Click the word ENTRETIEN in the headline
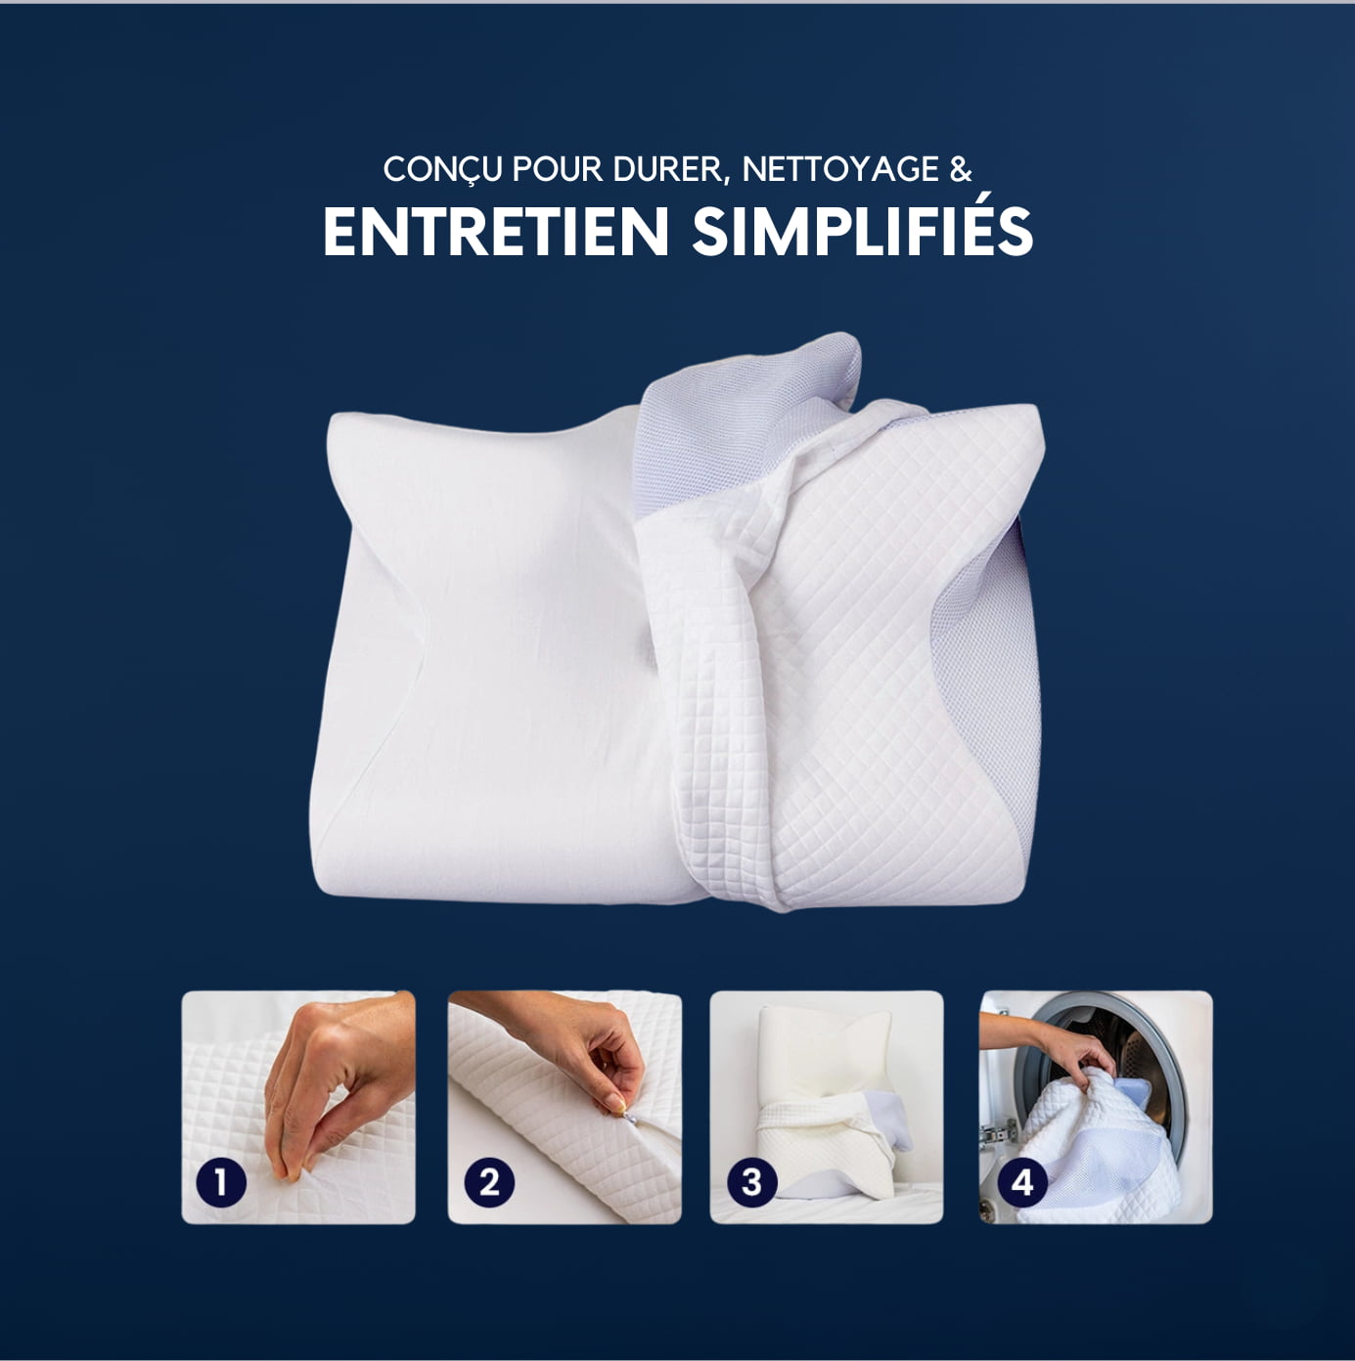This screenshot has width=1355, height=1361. [495, 232]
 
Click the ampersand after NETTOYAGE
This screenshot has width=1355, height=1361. [961, 169]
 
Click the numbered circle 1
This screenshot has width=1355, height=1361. [221, 1182]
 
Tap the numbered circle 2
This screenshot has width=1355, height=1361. [488, 1182]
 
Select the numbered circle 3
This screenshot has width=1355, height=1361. [751, 1182]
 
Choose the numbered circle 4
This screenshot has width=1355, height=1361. [1021, 1182]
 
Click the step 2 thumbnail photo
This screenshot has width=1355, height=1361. [565, 1107]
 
